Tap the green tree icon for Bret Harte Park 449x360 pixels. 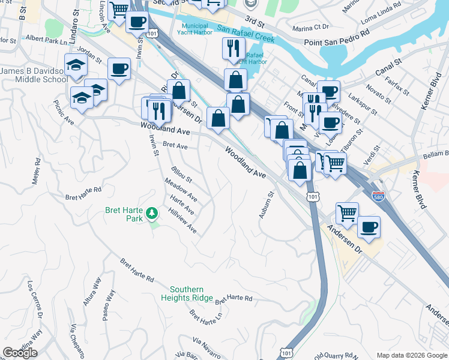click(152, 212)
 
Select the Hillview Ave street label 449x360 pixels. click(183, 221)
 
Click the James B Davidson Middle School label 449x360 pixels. click(34, 75)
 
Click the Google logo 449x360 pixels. click(20, 353)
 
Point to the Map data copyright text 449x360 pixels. click(412, 355)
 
